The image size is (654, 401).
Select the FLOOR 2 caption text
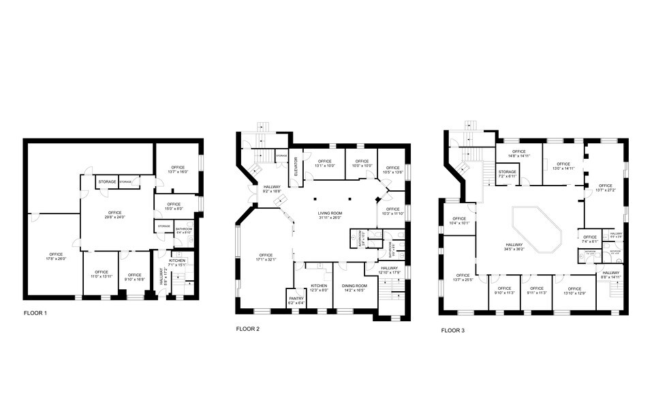pyautogui.click(x=248, y=329)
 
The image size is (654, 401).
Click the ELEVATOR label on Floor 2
pyautogui.click(x=296, y=167)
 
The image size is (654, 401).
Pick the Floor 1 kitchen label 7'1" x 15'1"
pyautogui.click(x=177, y=263)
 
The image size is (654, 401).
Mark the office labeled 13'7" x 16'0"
pyautogui.click(x=178, y=170)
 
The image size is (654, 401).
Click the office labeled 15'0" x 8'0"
pyautogui.click(x=173, y=207)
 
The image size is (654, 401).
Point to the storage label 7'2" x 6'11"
pyautogui.click(x=508, y=174)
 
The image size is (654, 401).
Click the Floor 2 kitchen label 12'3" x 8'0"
pyautogui.click(x=320, y=288)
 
